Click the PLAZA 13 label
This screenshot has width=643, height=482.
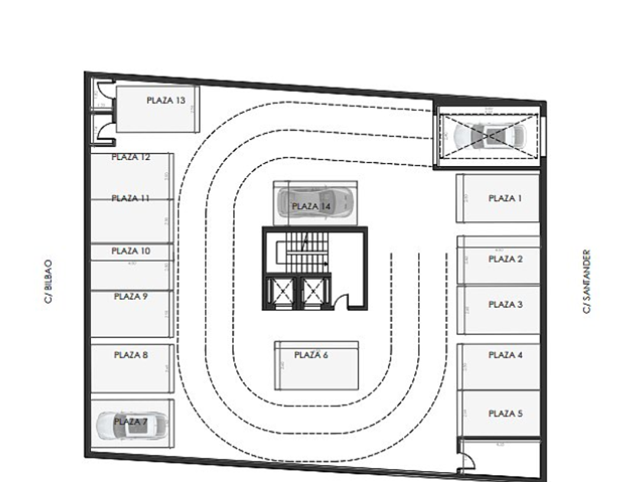tap(166, 99)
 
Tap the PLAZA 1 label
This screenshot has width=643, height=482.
tap(504, 198)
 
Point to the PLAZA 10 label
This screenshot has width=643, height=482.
tap(131, 251)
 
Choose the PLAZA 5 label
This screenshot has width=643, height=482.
tap(505, 414)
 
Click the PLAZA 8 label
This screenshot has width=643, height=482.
tap(131, 355)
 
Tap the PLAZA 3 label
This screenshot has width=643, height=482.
tap(505, 305)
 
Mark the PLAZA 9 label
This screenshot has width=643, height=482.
tap(131, 296)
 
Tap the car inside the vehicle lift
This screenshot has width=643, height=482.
tap(490, 137)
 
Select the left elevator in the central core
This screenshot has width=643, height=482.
tap(280, 291)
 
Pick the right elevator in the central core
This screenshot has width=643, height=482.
tap(313, 291)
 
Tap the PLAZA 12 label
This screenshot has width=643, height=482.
tap(131, 158)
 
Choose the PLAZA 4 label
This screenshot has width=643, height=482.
tap(505, 355)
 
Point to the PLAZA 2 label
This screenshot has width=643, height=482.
tap(505, 259)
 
